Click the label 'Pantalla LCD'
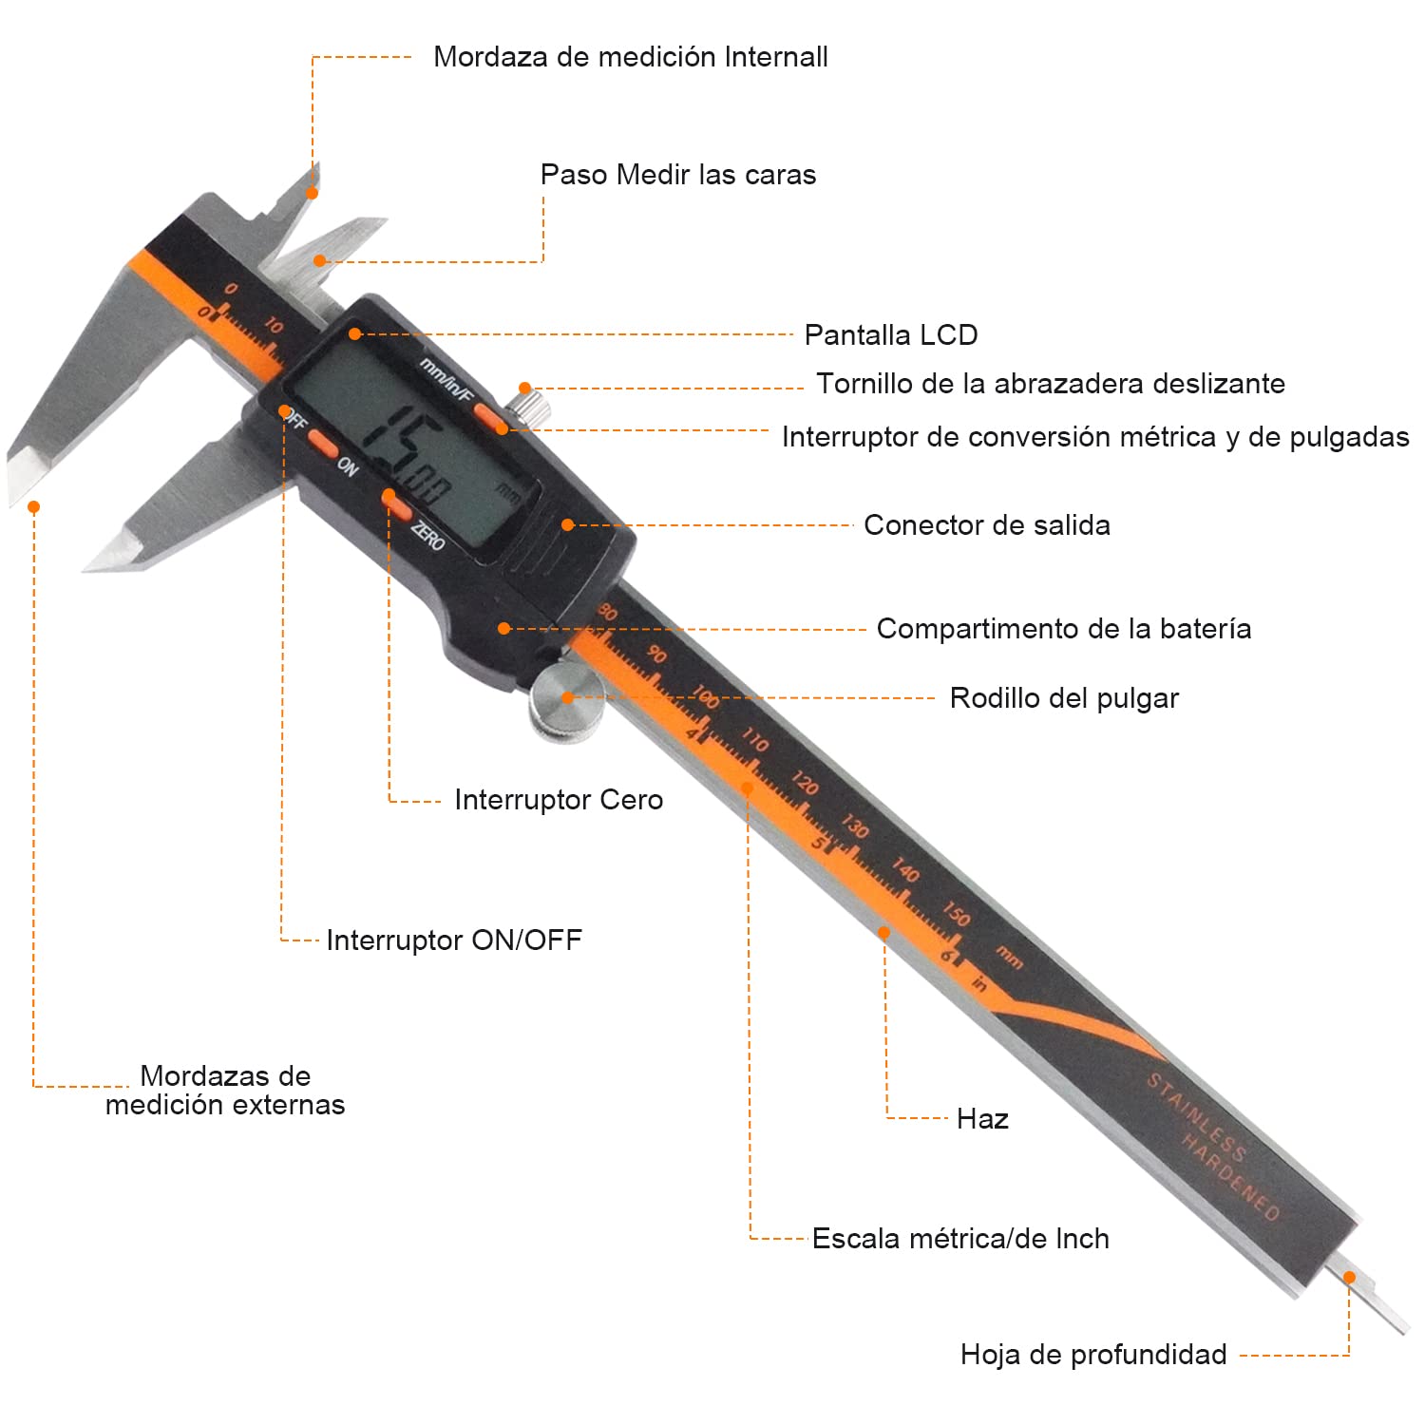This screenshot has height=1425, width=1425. click(890, 335)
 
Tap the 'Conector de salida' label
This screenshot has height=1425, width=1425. click(986, 525)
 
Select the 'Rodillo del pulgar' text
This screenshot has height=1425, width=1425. click(1064, 698)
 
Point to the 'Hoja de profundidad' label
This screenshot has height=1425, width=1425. click(1093, 1354)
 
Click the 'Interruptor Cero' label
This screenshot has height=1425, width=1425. click(559, 800)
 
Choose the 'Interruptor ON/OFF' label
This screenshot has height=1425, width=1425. click(454, 940)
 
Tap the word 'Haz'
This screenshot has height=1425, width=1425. click(982, 1119)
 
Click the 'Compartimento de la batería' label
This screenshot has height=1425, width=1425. click(1064, 629)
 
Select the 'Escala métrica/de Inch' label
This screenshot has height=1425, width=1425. click(960, 1239)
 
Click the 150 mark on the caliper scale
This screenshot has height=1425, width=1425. click(956, 913)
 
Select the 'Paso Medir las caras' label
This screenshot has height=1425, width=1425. click(678, 175)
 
